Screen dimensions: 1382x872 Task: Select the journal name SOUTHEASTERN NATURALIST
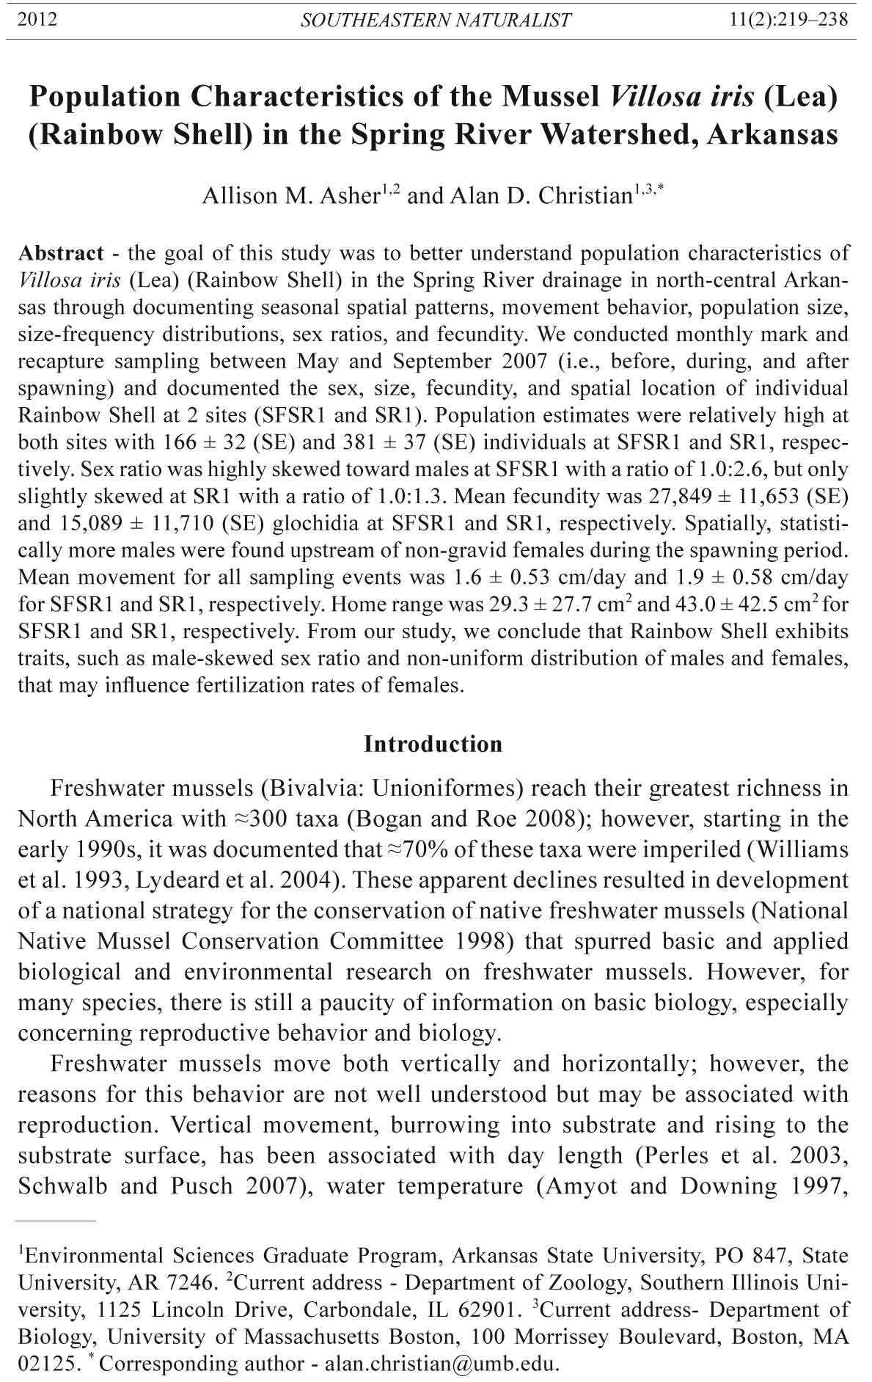[x=436, y=21]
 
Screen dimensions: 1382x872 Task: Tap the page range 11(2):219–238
[x=789, y=20]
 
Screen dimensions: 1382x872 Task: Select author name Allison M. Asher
[x=290, y=197]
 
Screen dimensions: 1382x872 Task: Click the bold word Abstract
[x=61, y=253]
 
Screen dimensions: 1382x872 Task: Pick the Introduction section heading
[x=433, y=744]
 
